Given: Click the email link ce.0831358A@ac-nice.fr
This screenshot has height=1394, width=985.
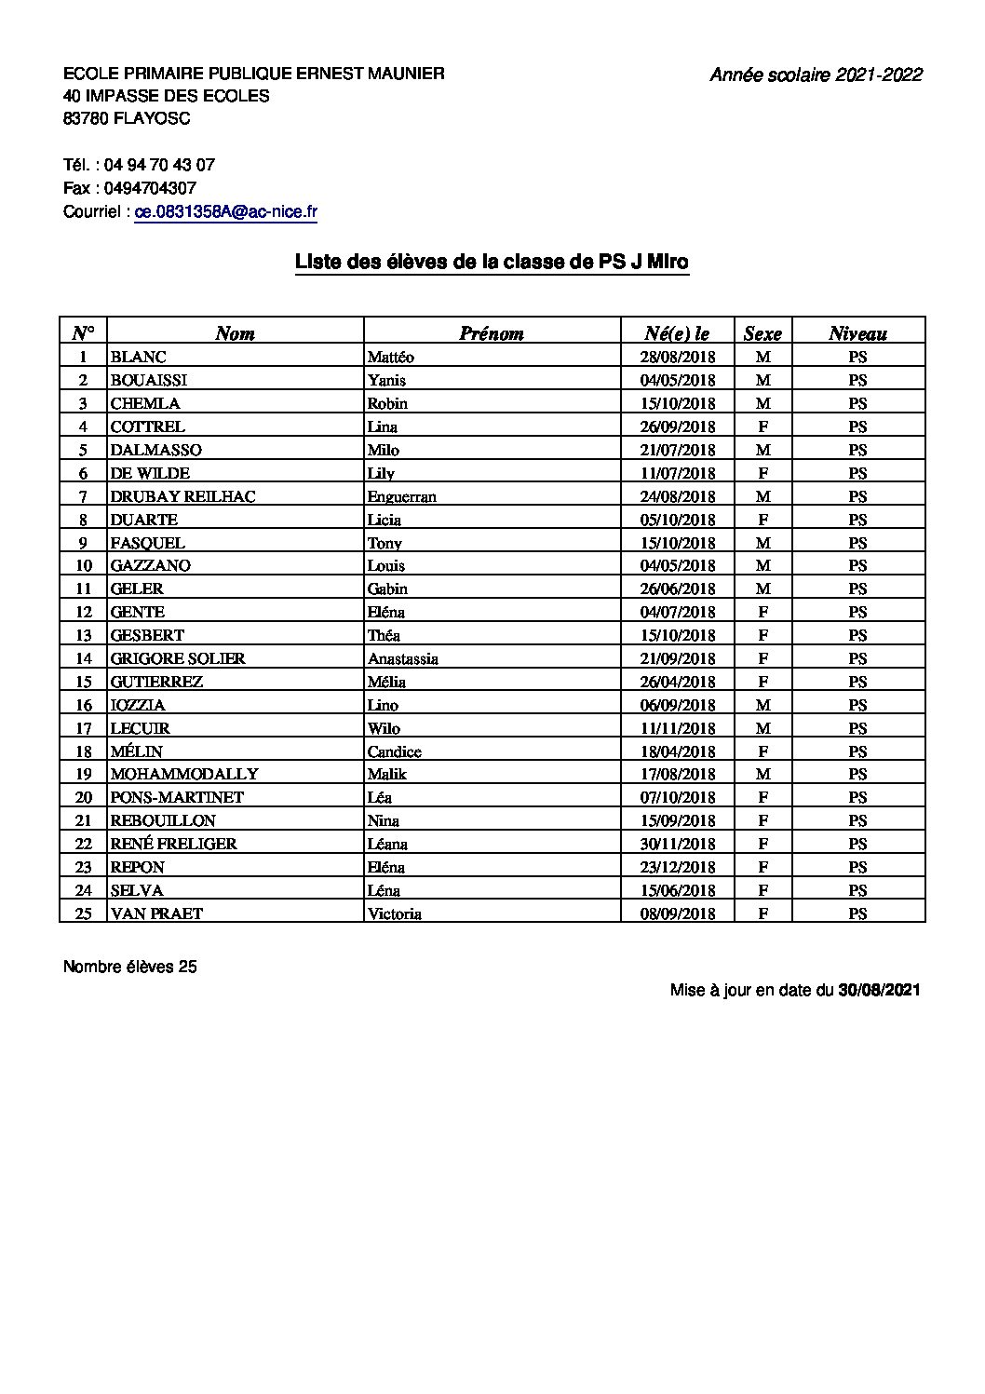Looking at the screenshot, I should point(226,211).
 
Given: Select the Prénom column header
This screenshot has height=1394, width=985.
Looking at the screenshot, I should point(492,333).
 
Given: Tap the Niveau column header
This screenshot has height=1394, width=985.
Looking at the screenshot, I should point(857,333).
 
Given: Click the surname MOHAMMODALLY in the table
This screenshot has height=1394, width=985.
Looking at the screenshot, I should point(184,774).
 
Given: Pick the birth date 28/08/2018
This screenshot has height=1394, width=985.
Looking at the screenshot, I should point(678,357).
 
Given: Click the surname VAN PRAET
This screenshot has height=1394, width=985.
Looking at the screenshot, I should point(156,914).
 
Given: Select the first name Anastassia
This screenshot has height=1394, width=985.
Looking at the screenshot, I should point(403,658).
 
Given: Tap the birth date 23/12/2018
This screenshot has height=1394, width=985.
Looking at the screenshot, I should point(678,867).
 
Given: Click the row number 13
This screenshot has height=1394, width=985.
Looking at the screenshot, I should point(84,635).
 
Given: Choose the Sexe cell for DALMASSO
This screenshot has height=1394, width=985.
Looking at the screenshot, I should point(762,450).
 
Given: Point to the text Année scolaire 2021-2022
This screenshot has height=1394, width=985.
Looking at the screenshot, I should point(816,75).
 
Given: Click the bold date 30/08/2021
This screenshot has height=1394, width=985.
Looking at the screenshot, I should point(879,990).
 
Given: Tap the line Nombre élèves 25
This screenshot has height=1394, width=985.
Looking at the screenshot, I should point(130,967).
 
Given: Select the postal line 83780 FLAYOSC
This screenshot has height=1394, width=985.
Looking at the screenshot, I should point(127,118).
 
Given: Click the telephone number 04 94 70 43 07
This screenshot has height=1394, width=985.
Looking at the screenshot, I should point(159,165).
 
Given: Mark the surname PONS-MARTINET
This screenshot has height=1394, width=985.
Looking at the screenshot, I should point(177,797).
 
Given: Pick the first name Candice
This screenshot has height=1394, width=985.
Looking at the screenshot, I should point(395,751).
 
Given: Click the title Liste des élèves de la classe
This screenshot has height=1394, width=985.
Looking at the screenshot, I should point(492,263).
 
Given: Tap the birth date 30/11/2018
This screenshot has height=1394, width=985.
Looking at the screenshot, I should point(678,844).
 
